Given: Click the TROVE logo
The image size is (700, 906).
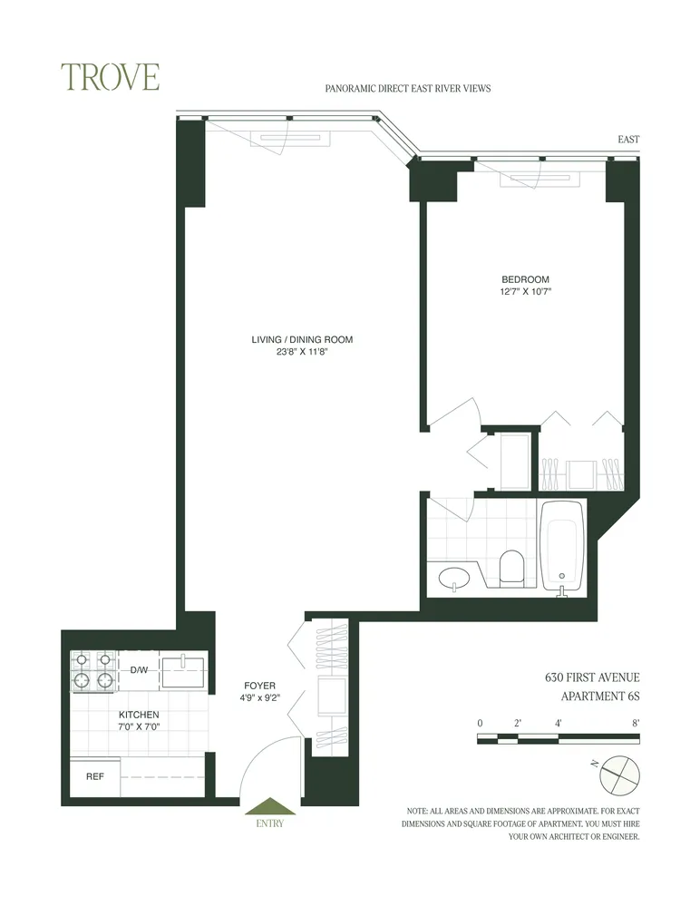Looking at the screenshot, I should [110, 77].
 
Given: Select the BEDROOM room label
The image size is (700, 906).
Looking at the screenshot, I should [525, 278].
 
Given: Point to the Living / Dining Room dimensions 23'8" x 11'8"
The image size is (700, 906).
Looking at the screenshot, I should [302, 353].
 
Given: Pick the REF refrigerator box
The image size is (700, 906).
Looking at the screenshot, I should [95, 777].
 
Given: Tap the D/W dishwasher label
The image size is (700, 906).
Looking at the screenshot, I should [139, 671].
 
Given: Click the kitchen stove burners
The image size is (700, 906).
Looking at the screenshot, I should [93, 671].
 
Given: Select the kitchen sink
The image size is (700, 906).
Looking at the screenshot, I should [184, 672].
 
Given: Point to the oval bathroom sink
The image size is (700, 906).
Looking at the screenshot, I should [451, 577].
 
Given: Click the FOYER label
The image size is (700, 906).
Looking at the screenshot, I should [259, 686].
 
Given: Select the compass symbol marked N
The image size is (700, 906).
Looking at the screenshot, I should [618, 771].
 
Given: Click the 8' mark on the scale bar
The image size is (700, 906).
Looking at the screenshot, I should [637, 723].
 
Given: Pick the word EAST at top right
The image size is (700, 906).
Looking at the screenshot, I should [627, 140].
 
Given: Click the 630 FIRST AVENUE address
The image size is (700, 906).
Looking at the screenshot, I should [592, 677].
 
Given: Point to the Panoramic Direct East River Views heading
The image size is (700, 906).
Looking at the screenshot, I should [407, 89].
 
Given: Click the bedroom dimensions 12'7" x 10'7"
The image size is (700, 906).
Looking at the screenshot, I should [526, 292].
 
